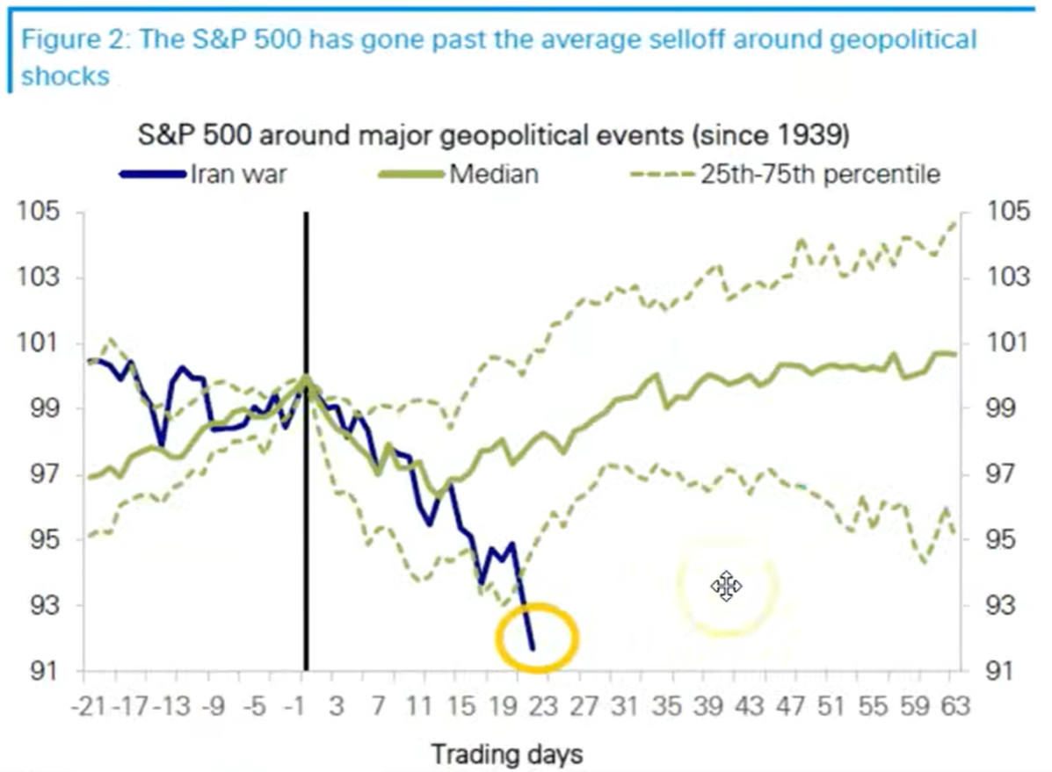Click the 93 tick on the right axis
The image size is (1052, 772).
pyautogui.click(x=1009, y=606)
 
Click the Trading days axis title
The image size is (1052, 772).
pyautogui.click(x=505, y=753)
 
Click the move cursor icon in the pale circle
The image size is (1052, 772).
pyautogui.click(x=726, y=586)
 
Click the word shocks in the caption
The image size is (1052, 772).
pyautogui.click(x=66, y=76)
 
